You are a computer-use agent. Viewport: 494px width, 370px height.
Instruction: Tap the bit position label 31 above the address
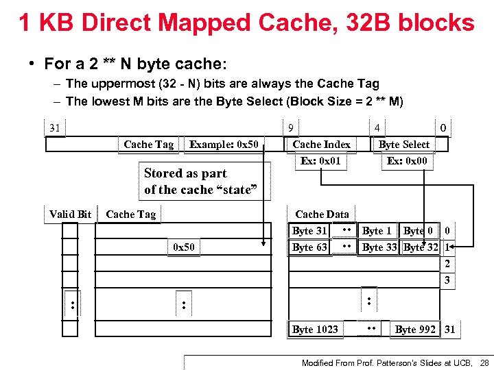pyautogui.click(x=54, y=127)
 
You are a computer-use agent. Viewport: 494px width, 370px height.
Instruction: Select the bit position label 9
pyautogui.click(x=291, y=127)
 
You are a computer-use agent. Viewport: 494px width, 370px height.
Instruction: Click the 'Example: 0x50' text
pyautogui.click(x=224, y=145)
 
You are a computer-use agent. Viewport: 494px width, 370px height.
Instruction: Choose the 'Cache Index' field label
pyautogui.click(x=321, y=145)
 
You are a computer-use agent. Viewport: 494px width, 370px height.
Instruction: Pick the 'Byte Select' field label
pyautogui.click(x=404, y=145)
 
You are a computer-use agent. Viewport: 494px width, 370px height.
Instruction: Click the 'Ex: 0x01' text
pyautogui.click(x=320, y=161)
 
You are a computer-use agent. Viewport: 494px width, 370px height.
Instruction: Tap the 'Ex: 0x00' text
pyautogui.click(x=406, y=161)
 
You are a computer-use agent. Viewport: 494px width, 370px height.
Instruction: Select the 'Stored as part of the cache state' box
pyautogui.click(x=202, y=182)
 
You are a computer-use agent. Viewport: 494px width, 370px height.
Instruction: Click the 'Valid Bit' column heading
pyautogui.click(x=70, y=214)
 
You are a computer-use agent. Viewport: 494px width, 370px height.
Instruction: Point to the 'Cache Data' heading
pyautogui.click(x=322, y=214)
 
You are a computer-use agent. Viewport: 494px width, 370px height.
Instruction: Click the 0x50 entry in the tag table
pyautogui.click(x=183, y=247)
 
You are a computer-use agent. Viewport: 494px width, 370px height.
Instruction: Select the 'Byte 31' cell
pyautogui.click(x=309, y=231)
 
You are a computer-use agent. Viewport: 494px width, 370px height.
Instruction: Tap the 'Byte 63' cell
pyautogui.click(x=309, y=247)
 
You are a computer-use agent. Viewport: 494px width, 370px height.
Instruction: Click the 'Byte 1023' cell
pyautogui.click(x=315, y=330)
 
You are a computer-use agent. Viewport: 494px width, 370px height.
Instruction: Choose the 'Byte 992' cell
pyautogui.click(x=415, y=330)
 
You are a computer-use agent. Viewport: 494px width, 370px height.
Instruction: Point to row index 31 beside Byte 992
pyautogui.click(x=449, y=330)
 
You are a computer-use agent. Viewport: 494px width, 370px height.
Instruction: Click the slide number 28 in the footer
pyautogui.click(x=484, y=362)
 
